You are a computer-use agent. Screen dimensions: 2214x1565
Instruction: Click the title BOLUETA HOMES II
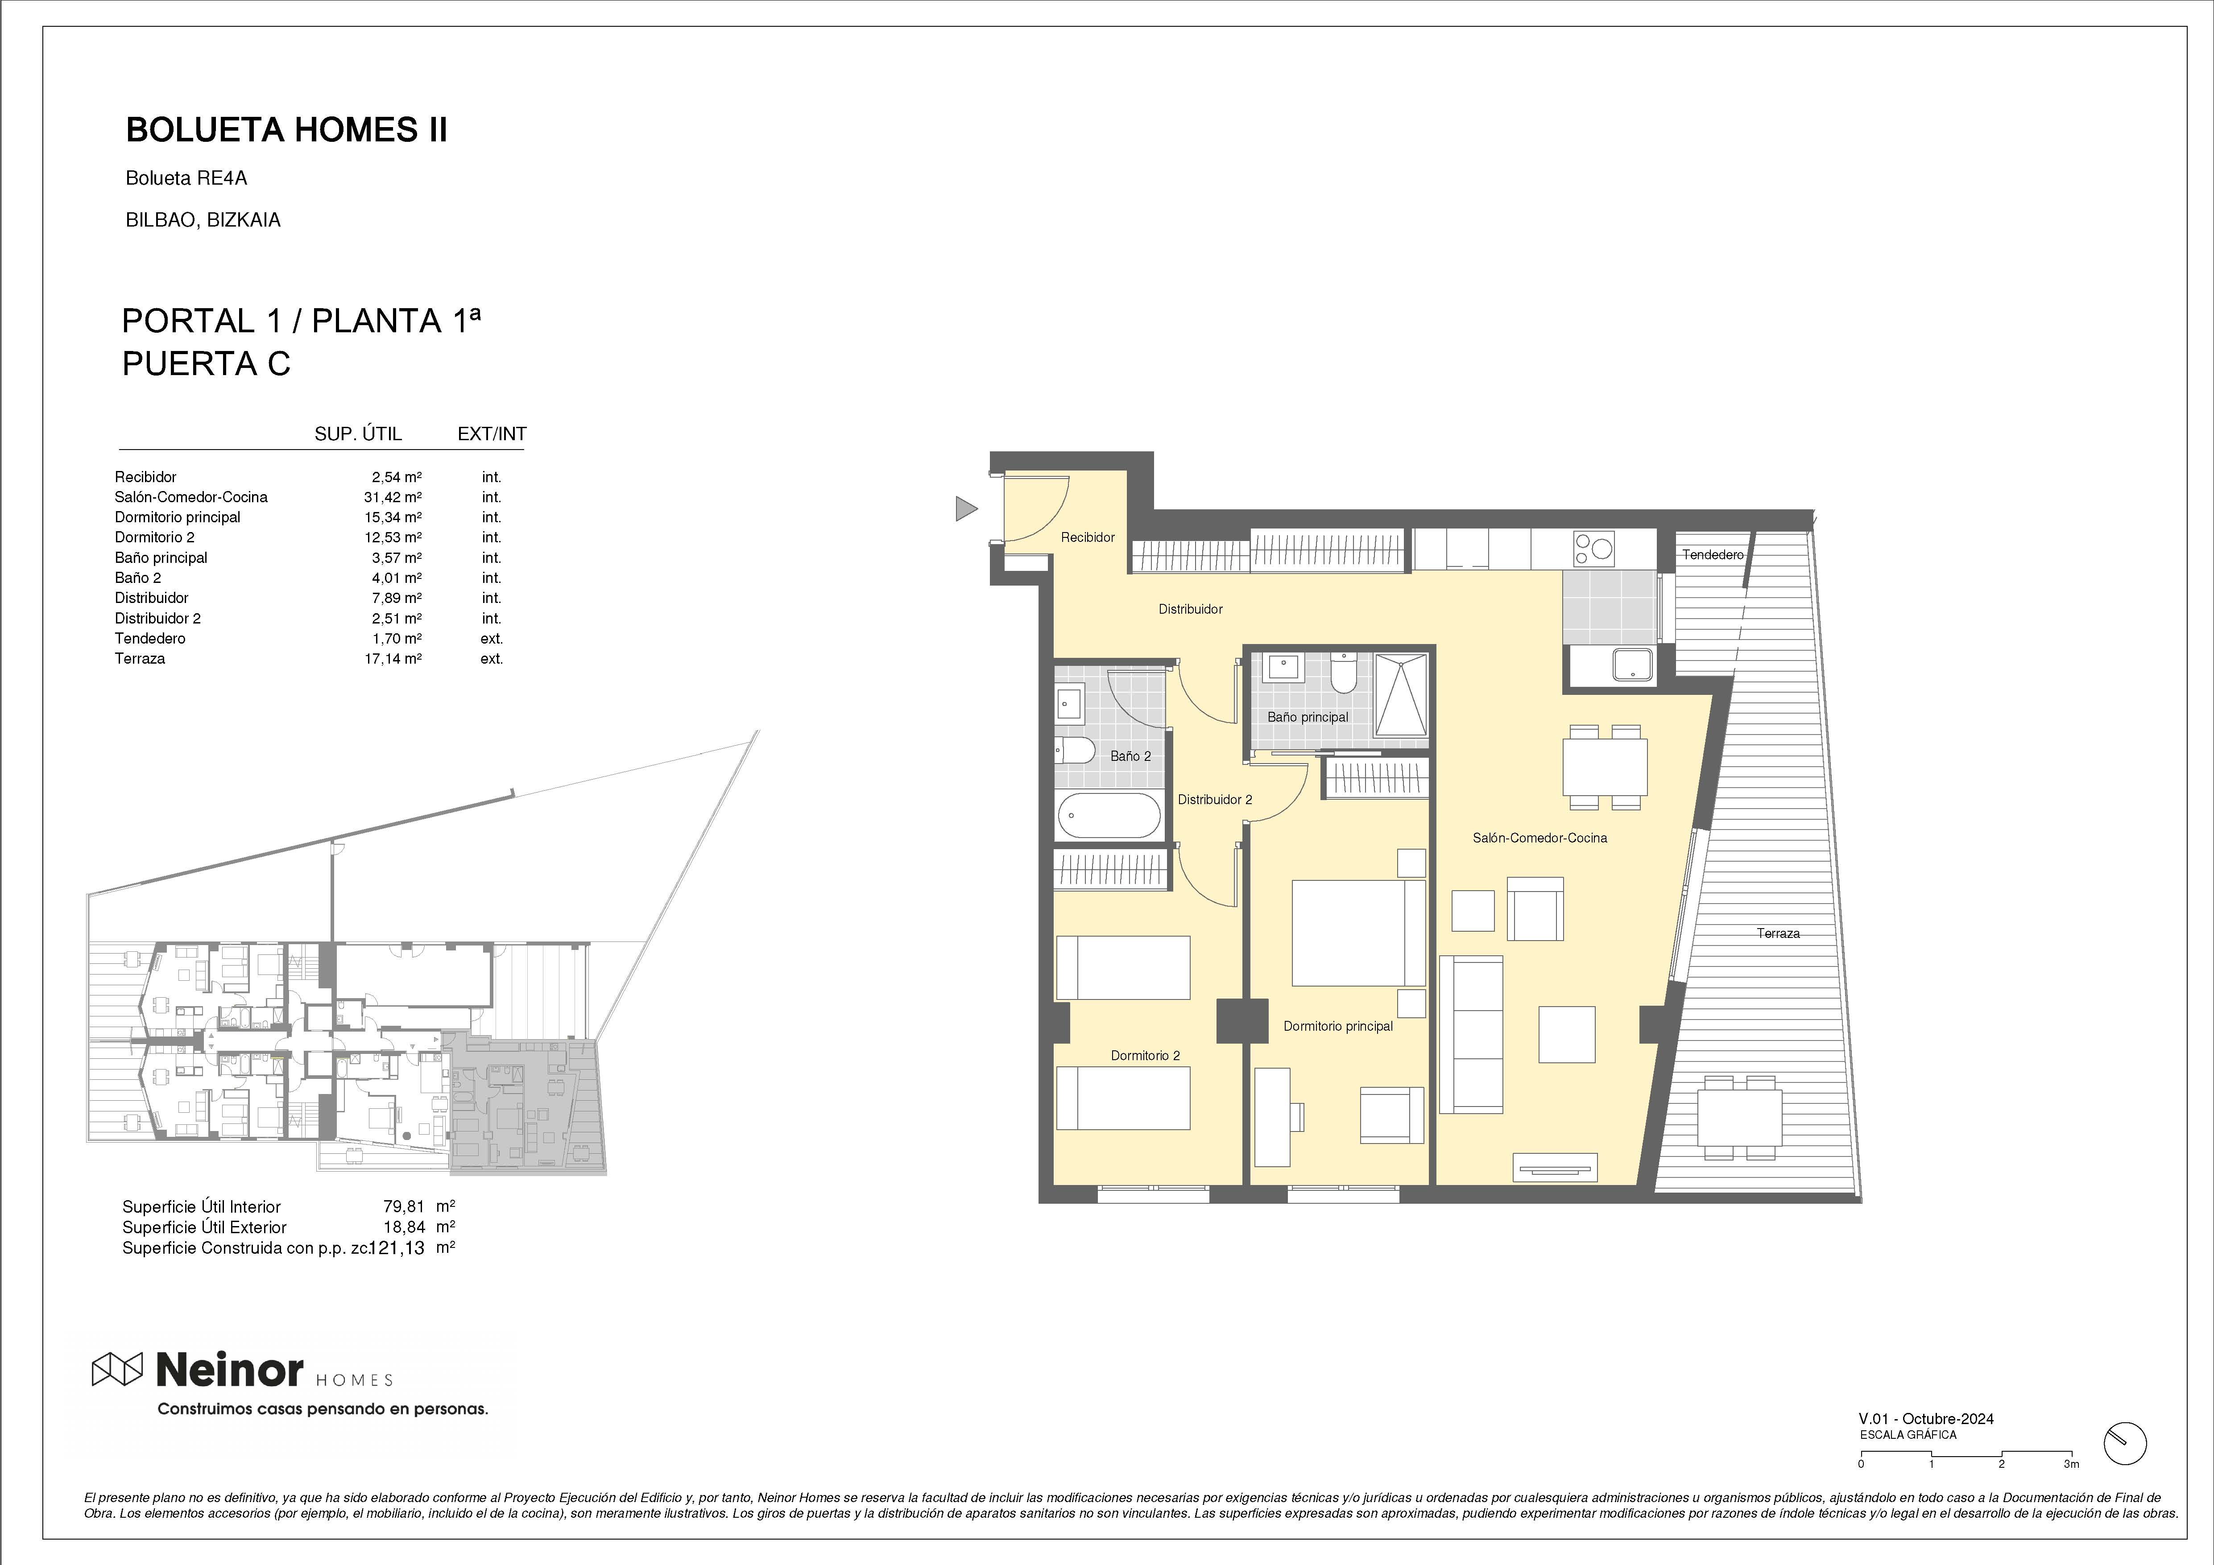pos(286,130)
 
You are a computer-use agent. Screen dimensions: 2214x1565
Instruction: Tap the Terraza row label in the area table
pos(140,659)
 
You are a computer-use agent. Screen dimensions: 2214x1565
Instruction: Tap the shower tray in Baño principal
pos(1400,694)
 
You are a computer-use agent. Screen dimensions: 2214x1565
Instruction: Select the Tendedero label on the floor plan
pos(1713,554)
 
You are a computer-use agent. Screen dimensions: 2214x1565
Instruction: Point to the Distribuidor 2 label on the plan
pos(1215,799)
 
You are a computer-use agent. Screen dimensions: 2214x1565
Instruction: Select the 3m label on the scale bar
pos(2071,1491)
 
